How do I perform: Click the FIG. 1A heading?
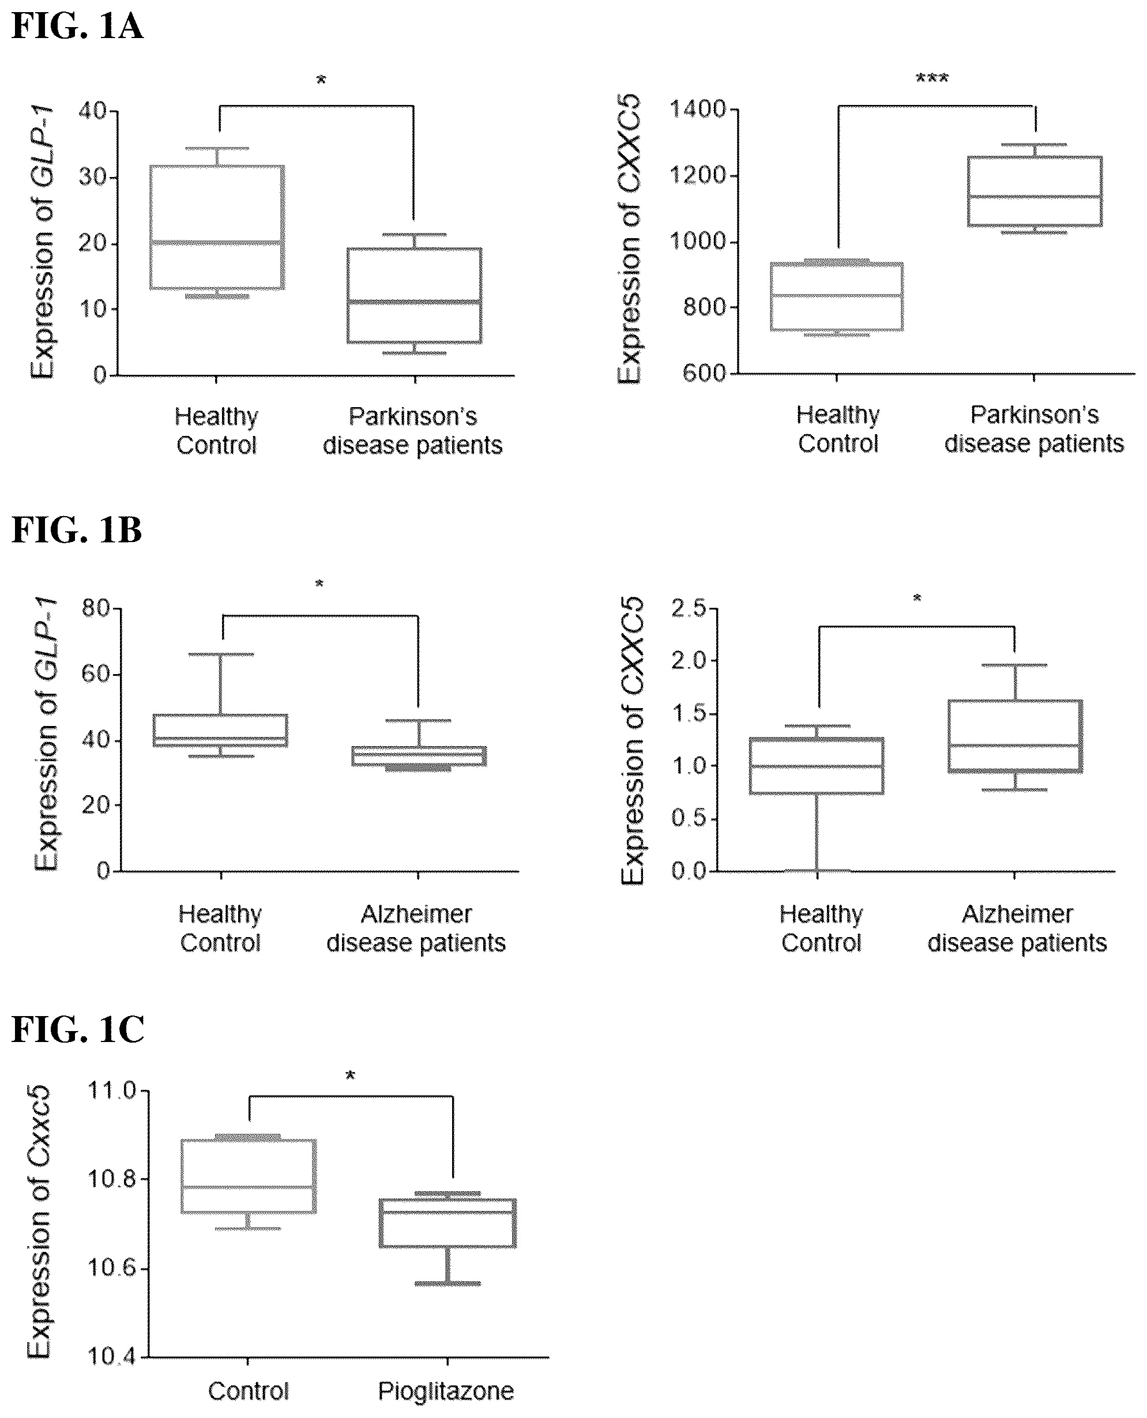[x=77, y=27]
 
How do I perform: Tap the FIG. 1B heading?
[x=77, y=531]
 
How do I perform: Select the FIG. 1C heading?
[x=78, y=1029]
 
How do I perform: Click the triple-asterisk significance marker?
[x=931, y=80]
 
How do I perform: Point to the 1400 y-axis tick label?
[x=698, y=109]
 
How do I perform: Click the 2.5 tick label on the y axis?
[x=689, y=608]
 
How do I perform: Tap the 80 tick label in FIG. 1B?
[x=96, y=608]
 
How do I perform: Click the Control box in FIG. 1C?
[x=249, y=1176]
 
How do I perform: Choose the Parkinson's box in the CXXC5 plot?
[x=1035, y=191]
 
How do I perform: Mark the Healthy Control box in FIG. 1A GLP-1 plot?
[x=217, y=227]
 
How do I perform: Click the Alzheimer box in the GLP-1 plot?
[x=419, y=756]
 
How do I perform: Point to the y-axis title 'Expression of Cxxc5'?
[x=39, y=1223]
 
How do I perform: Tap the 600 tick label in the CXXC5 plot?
[x=704, y=373]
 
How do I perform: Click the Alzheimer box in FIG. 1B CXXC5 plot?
[x=1015, y=736]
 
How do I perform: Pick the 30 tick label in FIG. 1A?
[x=92, y=178]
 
